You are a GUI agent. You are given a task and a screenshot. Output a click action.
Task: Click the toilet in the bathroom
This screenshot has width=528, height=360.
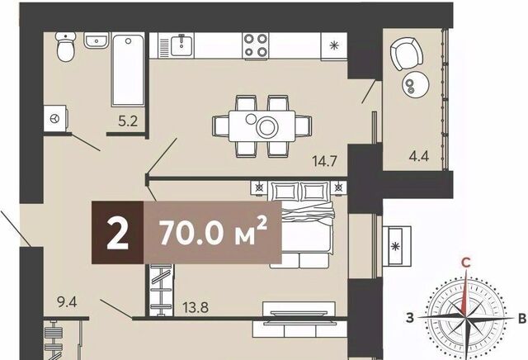pyautogui.click(x=66, y=46)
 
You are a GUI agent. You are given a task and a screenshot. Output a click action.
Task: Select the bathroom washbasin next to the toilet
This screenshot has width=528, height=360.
pyautogui.click(x=97, y=40)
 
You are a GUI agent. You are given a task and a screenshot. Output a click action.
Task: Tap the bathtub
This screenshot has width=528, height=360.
pyautogui.click(x=129, y=69)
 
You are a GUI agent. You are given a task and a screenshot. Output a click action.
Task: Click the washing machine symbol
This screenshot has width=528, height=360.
pyautogui.click(x=55, y=118)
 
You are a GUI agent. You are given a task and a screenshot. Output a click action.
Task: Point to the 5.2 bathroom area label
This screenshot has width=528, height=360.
pyautogui.click(x=128, y=121)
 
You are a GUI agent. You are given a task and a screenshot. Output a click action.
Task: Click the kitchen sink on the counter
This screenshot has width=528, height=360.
pyautogui.click(x=181, y=45)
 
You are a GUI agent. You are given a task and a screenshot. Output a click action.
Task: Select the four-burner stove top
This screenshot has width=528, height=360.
pyautogui.click(x=256, y=46)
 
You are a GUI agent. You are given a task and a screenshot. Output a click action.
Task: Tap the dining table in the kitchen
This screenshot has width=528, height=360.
pyautogui.click(x=262, y=126)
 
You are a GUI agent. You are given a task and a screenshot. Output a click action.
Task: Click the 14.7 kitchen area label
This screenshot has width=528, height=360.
pyautogui.click(x=324, y=161)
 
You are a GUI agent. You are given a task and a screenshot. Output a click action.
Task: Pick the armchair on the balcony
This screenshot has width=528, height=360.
pyautogui.click(x=407, y=53)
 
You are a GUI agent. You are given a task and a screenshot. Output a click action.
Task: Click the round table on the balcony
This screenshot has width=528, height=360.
pyautogui.click(x=416, y=84)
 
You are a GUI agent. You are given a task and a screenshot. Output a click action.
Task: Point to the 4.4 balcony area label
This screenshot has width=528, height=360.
pyautogui.click(x=419, y=156)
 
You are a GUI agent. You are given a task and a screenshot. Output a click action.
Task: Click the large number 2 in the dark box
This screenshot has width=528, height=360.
pyautogui.click(x=117, y=233)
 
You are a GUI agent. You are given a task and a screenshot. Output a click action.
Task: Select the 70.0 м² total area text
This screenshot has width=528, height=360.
pyautogui.click(x=214, y=231)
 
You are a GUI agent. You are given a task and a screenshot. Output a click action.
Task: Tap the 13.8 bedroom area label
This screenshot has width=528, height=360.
pyautogui.click(x=196, y=307)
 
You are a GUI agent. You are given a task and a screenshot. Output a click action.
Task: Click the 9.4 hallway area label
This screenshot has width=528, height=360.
pyautogui.click(x=67, y=302)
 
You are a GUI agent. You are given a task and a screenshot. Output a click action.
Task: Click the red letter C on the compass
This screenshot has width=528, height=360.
pyautogui.click(x=465, y=263)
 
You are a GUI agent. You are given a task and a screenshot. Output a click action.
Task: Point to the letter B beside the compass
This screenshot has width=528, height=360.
pyautogui.click(x=522, y=319)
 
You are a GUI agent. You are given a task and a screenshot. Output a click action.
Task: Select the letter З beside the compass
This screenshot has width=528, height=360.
pyautogui.click(x=410, y=318)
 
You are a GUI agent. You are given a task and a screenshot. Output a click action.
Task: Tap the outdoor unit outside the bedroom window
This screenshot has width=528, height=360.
pyautogui.click(x=397, y=246)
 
